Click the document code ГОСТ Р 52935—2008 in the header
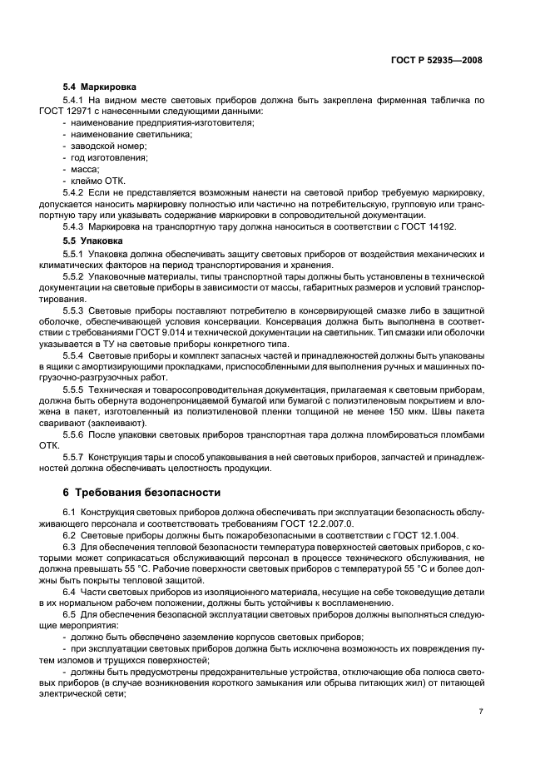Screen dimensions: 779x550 [437, 60]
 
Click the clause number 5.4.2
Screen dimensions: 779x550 [77, 192]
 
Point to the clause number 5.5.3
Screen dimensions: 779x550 [77, 310]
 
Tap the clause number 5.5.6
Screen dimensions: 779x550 [77, 434]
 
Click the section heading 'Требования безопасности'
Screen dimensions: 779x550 [149, 493]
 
